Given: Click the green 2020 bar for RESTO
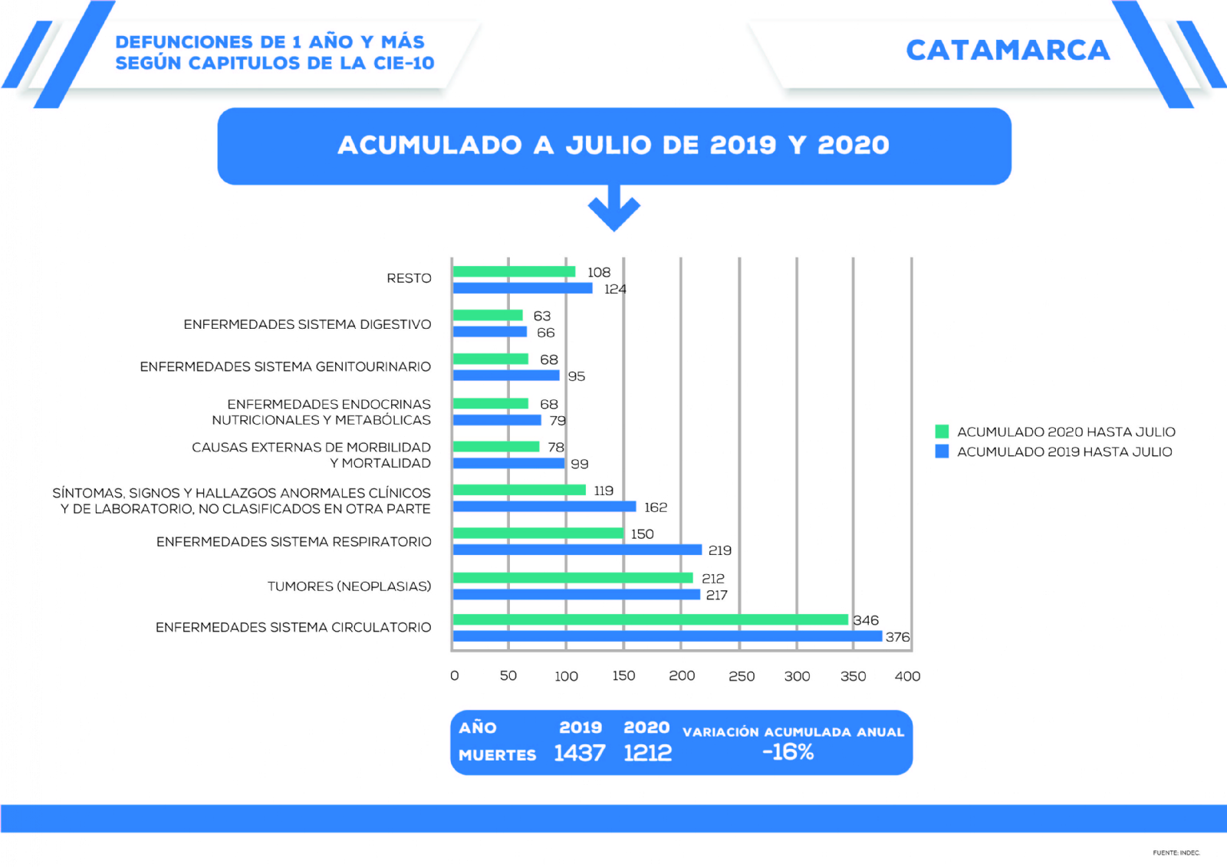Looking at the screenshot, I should (x=514, y=271).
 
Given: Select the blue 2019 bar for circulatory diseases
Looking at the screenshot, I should (x=667, y=636).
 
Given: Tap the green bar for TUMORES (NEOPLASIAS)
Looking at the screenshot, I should (x=573, y=578).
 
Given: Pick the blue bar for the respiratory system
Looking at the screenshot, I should (x=577, y=550).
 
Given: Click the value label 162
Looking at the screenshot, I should (x=656, y=507).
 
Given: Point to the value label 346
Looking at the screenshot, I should (x=866, y=620).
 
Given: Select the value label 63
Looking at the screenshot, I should (x=542, y=316).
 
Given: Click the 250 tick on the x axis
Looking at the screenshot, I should (x=741, y=676).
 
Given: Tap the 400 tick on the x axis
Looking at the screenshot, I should (x=907, y=676).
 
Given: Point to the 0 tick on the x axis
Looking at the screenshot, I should (x=455, y=676).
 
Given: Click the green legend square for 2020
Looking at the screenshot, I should (x=942, y=432).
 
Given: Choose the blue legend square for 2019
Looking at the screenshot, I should (x=942, y=452).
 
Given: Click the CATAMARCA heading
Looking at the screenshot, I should (x=1008, y=51).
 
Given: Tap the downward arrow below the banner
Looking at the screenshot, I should (x=613, y=209).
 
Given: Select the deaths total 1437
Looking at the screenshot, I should (x=580, y=754).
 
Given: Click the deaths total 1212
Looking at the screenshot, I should (x=647, y=754).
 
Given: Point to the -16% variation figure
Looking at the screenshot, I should (x=788, y=752).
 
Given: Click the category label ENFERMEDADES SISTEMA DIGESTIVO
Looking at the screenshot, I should (x=307, y=324).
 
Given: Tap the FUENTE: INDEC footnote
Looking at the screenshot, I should (x=1176, y=852).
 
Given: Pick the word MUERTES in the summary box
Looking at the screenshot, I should (x=497, y=755).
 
